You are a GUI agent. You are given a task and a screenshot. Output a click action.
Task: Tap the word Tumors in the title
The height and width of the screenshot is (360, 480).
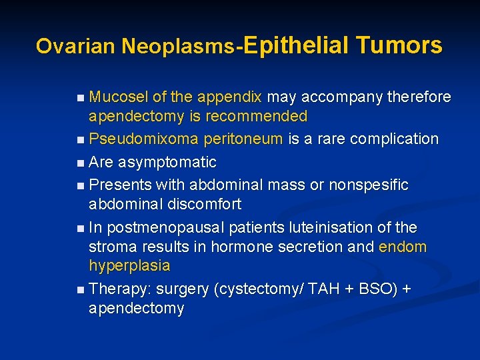coord(399,45)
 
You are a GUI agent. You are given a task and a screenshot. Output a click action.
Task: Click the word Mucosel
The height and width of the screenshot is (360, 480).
coord(119,97)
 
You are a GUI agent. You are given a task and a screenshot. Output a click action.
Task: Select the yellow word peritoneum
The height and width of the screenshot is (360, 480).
coord(243,139)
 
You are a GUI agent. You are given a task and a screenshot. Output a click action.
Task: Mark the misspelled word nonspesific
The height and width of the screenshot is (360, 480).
coord(367,184)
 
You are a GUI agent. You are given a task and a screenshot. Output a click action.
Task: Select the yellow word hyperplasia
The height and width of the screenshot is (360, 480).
coord(129,266)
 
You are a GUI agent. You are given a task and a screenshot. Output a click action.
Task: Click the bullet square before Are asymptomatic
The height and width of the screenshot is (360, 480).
coord(80,163)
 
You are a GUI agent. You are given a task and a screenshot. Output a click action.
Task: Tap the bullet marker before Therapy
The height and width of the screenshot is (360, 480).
coord(80,290)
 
